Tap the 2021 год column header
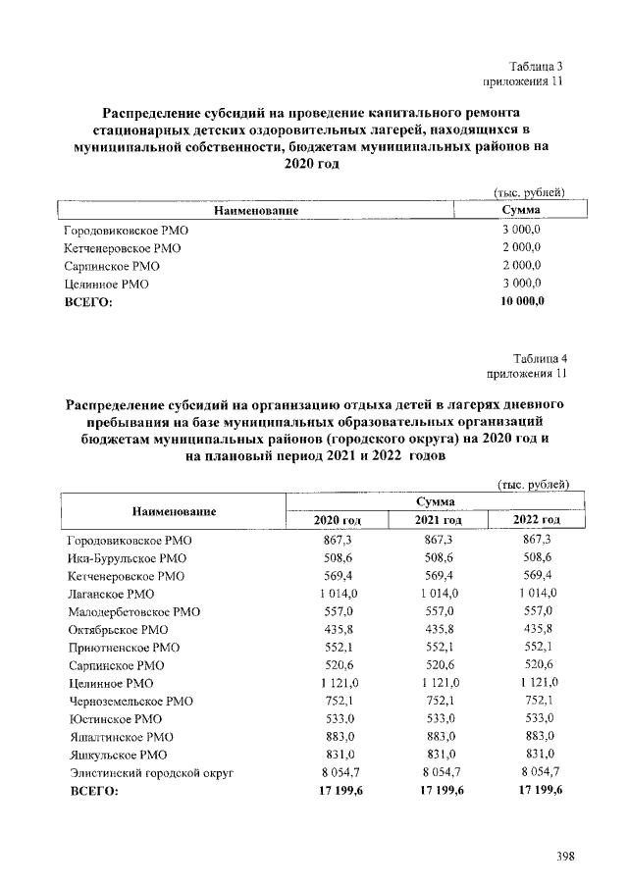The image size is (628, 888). [x=439, y=519]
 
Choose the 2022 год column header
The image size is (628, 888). [x=537, y=519]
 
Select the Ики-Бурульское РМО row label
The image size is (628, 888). [x=120, y=558]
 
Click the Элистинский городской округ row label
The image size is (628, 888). [x=151, y=773]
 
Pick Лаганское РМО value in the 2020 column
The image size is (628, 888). [x=338, y=594]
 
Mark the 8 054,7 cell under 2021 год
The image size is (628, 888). [x=439, y=773]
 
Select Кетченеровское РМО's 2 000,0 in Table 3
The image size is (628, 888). [x=522, y=248]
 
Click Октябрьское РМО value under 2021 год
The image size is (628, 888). [x=439, y=629]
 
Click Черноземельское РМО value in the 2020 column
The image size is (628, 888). [x=338, y=701]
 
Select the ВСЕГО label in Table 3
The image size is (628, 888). [x=88, y=302]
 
